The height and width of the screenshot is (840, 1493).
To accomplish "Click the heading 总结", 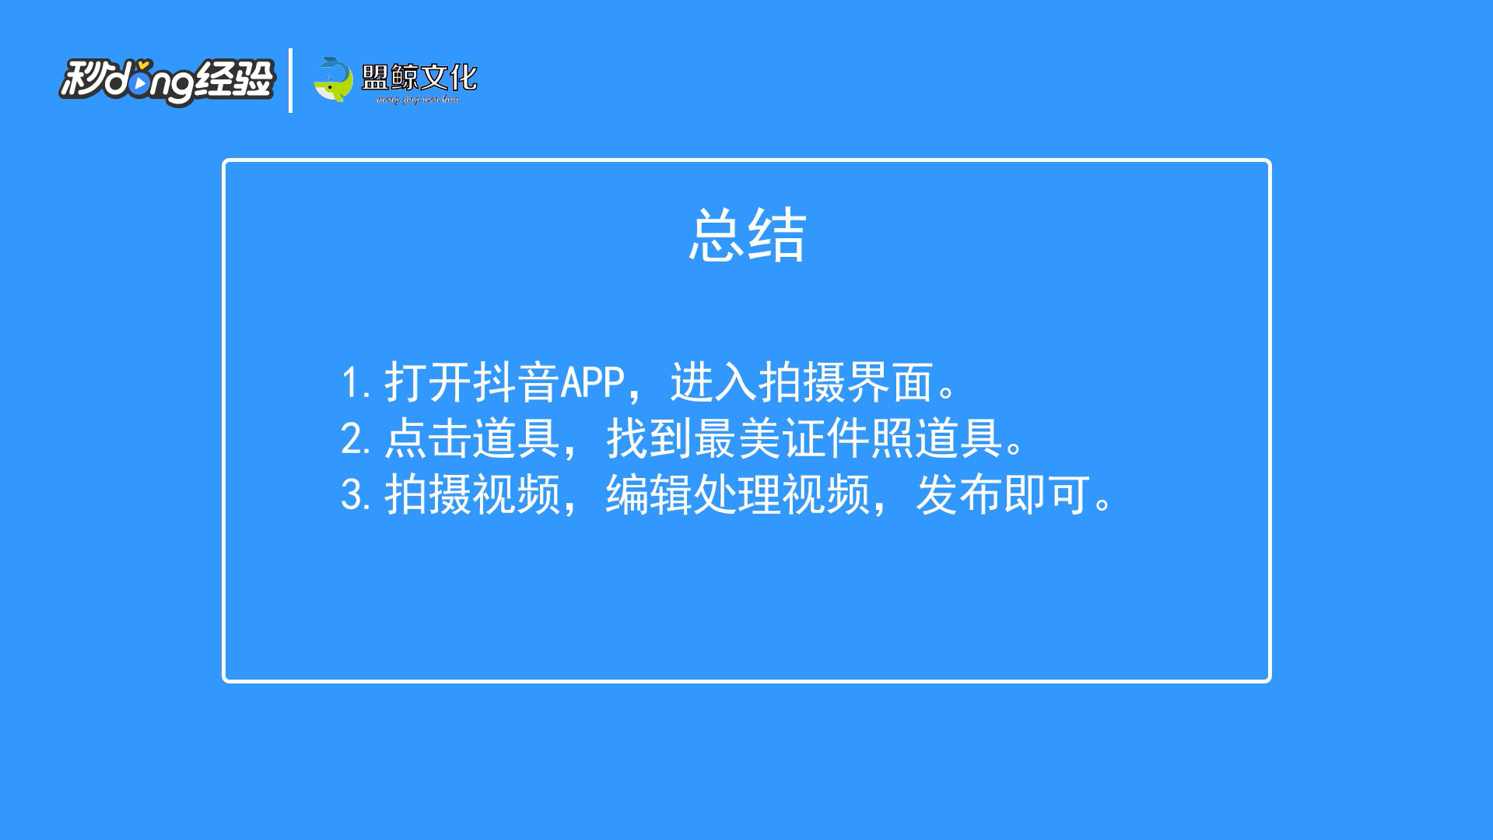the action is click(747, 235).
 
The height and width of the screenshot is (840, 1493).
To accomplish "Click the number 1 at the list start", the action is click(350, 383).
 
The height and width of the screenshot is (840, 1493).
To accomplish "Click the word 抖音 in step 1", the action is click(516, 383).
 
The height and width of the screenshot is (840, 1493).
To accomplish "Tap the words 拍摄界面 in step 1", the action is click(846, 383).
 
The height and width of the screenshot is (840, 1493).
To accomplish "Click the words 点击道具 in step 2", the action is click(472, 439).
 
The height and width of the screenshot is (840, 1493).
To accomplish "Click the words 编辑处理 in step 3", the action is click(693, 495).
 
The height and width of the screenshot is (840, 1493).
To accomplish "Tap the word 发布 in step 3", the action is click(959, 495).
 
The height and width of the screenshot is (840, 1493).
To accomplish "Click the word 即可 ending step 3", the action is click(1046, 495).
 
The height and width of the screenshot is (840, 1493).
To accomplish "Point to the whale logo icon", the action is click(333, 79).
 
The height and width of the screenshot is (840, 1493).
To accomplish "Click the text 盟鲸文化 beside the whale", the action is click(419, 77).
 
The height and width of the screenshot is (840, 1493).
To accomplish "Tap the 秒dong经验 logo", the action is click(167, 81).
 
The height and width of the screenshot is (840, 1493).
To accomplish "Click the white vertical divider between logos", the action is click(290, 80).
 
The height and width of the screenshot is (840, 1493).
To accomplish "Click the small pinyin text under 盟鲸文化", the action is click(418, 100).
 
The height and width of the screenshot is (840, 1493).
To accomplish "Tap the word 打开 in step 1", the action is click(428, 383).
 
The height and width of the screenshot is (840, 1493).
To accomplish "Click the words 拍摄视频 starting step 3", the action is click(472, 495).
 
